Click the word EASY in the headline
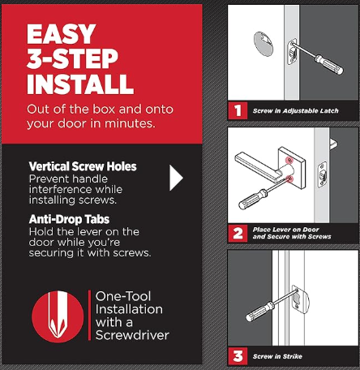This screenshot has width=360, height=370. tap(62, 34)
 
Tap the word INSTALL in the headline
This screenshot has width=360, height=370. tap(80, 84)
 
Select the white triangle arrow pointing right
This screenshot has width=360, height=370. tap(176, 178)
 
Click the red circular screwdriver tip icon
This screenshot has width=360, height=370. tap(58, 316)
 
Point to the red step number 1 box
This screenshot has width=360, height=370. tap(238, 110)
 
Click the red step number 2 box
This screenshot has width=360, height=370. tap(238, 233)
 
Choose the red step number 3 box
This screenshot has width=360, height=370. tap(238, 356)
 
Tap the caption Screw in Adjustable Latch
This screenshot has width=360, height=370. tap(295, 110)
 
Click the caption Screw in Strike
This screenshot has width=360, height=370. tap(277, 356)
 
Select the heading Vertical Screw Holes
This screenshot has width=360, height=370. tap(83, 166)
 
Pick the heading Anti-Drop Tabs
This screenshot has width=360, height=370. tap(69, 219)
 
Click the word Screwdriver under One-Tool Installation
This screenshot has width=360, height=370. tap(132, 335)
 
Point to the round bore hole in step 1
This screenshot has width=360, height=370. tap(264, 44)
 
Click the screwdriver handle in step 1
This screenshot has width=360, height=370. tap(329, 64)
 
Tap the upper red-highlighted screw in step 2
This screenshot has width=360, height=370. tap(289, 160)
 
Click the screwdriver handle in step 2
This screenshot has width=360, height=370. tap(253, 200)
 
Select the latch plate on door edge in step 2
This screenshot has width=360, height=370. tap(322, 174)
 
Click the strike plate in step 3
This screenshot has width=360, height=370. tap(301, 299)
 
